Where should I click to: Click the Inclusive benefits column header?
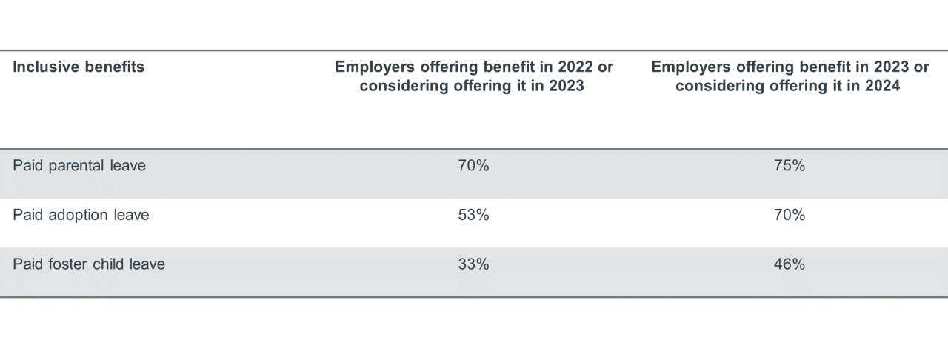click(79, 67)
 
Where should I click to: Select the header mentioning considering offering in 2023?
click(474, 76)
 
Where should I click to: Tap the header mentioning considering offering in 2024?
click(790, 76)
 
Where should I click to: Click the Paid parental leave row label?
click(79, 166)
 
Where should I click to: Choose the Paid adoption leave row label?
click(81, 215)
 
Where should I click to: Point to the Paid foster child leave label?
click(89, 264)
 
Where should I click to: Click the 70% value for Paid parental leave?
click(474, 166)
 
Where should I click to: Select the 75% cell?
click(790, 166)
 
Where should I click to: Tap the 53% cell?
click(474, 215)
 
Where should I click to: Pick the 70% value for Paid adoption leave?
click(790, 215)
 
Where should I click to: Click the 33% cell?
click(474, 264)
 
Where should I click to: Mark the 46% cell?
click(790, 264)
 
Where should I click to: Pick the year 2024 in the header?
click(884, 86)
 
